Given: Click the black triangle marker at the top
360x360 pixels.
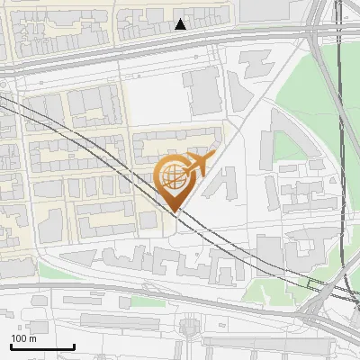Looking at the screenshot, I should pos(181,24).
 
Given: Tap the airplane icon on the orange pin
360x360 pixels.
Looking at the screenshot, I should pos(198,164).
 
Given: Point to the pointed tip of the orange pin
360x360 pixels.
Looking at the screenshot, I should pos(175,211).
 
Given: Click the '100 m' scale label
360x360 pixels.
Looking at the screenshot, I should pos(23,338).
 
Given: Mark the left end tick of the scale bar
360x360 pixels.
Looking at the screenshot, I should pos(11,346).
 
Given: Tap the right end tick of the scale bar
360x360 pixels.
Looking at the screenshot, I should pos(74,346).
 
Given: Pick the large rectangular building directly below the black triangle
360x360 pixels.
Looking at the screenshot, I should pos(201,90).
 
